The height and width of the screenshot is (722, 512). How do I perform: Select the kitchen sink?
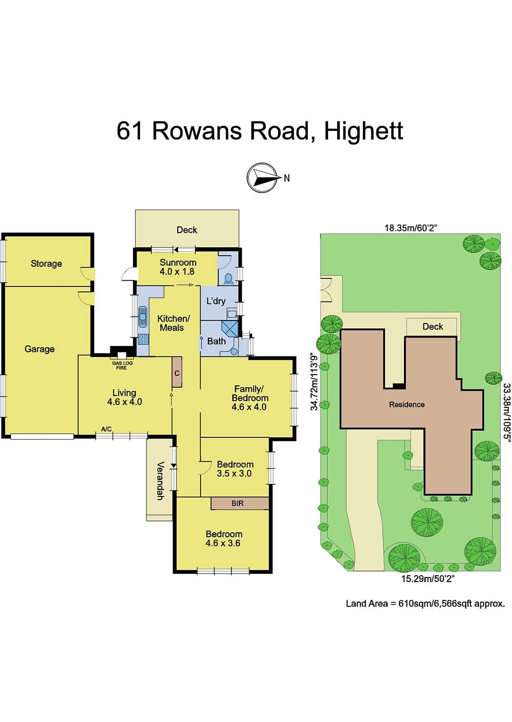pos(143,316)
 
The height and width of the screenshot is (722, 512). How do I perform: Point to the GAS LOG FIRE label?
pos(122,366)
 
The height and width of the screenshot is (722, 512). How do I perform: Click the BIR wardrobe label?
pos(237,503)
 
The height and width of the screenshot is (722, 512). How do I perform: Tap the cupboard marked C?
pos(177,373)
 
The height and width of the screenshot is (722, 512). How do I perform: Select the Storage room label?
pos(46,263)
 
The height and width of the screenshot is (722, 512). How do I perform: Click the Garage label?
pos(40,349)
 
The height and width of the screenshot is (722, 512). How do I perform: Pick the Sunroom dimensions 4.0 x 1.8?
pos(178,272)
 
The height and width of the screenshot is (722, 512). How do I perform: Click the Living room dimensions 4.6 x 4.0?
pos(125,402)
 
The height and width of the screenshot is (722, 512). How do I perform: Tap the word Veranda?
pos(160,480)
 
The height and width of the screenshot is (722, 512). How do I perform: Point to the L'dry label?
pos(216,301)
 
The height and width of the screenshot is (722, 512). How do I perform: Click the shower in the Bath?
pos(230,328)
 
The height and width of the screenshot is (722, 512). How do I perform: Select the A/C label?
pos(106,429)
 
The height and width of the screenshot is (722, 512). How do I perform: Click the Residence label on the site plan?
pos(407,404)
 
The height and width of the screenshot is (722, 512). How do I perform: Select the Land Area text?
pos(425,603)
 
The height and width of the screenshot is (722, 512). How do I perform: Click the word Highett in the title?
pos(363,131)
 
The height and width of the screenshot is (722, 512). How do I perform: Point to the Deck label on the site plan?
pos(432,326)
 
